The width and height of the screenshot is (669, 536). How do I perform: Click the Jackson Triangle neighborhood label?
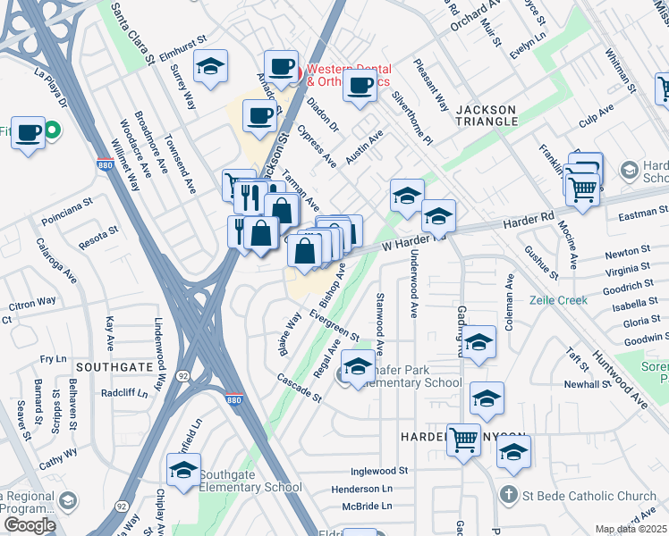487,114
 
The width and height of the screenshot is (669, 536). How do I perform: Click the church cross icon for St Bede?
508,494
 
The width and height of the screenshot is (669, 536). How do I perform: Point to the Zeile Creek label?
558,300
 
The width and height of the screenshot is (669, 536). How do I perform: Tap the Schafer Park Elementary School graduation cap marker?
359,367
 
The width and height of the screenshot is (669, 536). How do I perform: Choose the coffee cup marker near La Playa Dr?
28,132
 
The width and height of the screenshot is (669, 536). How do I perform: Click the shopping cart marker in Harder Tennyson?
463,438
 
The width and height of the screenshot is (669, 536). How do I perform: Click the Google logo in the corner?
29,524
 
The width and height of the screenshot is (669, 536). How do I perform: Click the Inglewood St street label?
379,471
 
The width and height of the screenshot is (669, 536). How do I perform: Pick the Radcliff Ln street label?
123,393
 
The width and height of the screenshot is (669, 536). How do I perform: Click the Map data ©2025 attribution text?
631,529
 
